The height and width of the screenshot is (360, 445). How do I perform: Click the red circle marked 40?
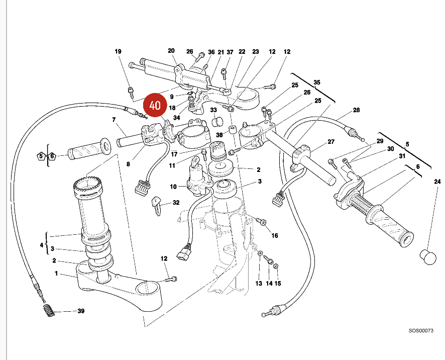(155, 106)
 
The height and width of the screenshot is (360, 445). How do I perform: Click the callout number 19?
(118, 52)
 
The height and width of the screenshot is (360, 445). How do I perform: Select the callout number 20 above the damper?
(171, 51)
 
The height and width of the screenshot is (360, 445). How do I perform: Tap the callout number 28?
(356, 110)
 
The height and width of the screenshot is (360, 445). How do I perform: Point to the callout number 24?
(437, 182)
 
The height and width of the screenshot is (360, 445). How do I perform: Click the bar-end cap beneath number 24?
(428, 257)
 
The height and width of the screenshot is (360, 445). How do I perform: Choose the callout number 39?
(81, 311)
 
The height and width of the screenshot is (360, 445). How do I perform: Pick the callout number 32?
(176, 203)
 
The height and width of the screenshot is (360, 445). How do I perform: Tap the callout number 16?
(274, 235)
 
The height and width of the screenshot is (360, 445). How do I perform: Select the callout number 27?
(331, 142)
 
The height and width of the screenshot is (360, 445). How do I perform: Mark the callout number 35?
(316, 82)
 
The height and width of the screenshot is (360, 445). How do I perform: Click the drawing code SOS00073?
(420, 331)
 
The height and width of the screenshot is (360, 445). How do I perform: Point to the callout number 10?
(173, 187)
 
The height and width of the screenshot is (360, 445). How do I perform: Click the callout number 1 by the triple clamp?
(57, 274)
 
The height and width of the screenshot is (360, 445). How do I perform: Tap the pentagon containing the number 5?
(41, 156)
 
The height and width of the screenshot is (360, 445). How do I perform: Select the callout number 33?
(213, 110)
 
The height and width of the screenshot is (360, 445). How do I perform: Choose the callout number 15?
(278, 284)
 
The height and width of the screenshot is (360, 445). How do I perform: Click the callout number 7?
(114, 120)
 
